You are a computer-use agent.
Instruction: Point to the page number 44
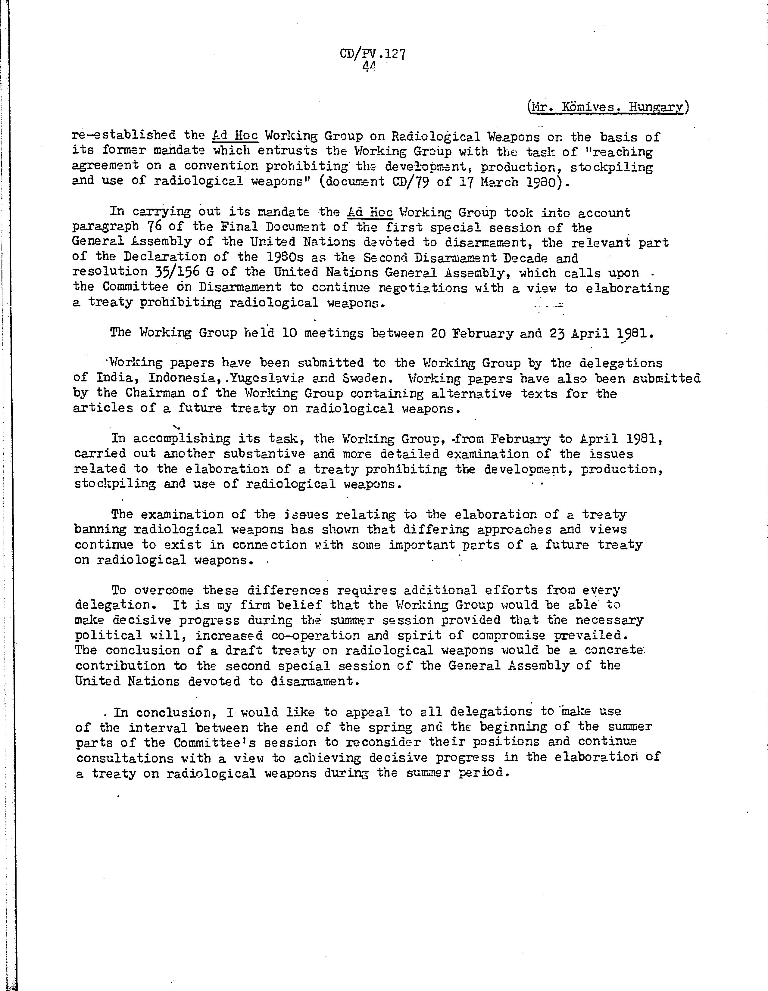(x=369, y=66)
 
